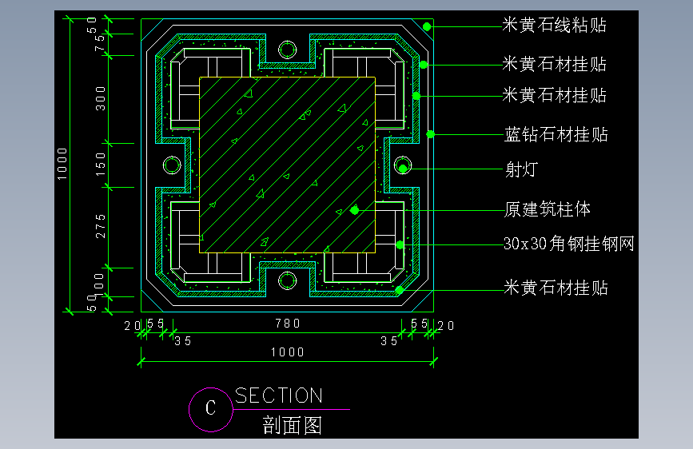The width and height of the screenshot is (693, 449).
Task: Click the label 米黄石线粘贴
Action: click(554, 26)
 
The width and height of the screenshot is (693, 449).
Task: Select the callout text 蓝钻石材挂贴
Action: click(556, 134)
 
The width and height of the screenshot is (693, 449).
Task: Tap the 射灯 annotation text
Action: click(521, 169)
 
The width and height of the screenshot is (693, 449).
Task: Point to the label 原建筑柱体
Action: click(548, 209)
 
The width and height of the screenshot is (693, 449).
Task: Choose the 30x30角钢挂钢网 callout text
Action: click(569, 244)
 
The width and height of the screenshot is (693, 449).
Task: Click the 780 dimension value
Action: click(288, 324)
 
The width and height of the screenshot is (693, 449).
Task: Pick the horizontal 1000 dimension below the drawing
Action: click(288, 352)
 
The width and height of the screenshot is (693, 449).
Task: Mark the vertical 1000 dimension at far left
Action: click(62, 164)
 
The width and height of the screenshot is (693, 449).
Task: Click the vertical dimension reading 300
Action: click(101, 98)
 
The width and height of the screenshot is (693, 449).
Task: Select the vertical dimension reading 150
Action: click(101, 165)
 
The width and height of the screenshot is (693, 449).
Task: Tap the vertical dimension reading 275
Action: click(101, 226)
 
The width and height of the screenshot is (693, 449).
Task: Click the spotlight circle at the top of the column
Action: click(287, 41)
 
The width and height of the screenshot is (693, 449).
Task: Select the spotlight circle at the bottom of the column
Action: click(287, 272)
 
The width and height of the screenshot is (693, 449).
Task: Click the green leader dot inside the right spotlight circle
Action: click(403, 169)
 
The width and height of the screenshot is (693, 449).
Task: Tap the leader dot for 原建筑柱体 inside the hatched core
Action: click(354, 210)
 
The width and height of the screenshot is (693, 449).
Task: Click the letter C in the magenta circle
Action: click(211, 408)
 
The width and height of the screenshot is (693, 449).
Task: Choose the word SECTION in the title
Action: click(279, 395)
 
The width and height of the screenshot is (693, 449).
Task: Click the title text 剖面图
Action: click(292, 425)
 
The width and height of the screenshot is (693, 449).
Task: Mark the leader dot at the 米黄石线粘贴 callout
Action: click(427, 26)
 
